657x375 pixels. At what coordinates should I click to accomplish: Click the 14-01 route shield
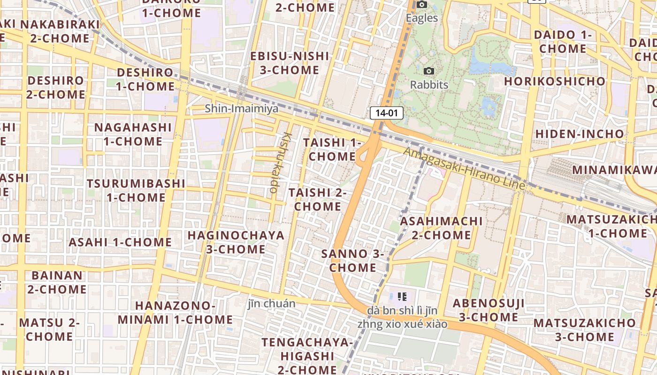(387, 112)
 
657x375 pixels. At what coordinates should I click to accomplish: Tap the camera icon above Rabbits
(428, 71)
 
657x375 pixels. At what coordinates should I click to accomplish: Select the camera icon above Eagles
(422, 5)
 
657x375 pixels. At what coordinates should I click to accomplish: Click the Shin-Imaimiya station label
(241, 109)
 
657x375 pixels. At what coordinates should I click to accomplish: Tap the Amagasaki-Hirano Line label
(464, 169)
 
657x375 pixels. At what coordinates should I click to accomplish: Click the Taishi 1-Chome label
(332, 149)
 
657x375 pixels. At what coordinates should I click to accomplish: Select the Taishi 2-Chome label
(317, 199)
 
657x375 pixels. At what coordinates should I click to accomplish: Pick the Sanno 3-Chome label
(352, 261)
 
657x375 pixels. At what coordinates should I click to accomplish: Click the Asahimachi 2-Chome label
(441, 228)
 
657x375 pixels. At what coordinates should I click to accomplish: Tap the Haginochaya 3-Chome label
(236, 242)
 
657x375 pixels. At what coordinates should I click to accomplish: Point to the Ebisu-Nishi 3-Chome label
(290, 63)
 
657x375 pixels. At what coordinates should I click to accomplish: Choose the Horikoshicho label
(555, 81)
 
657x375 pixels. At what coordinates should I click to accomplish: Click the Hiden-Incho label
(580, 134)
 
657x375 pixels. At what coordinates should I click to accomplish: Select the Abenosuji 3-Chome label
(488, 310)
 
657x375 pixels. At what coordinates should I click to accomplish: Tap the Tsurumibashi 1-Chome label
(136, 190)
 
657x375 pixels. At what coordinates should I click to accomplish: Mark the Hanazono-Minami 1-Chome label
(175, 313)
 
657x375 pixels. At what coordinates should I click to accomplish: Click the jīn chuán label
(272, 304)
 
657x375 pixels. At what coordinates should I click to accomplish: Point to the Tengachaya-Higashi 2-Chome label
(307, 356)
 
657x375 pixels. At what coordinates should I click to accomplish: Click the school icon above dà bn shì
(402, 296)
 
